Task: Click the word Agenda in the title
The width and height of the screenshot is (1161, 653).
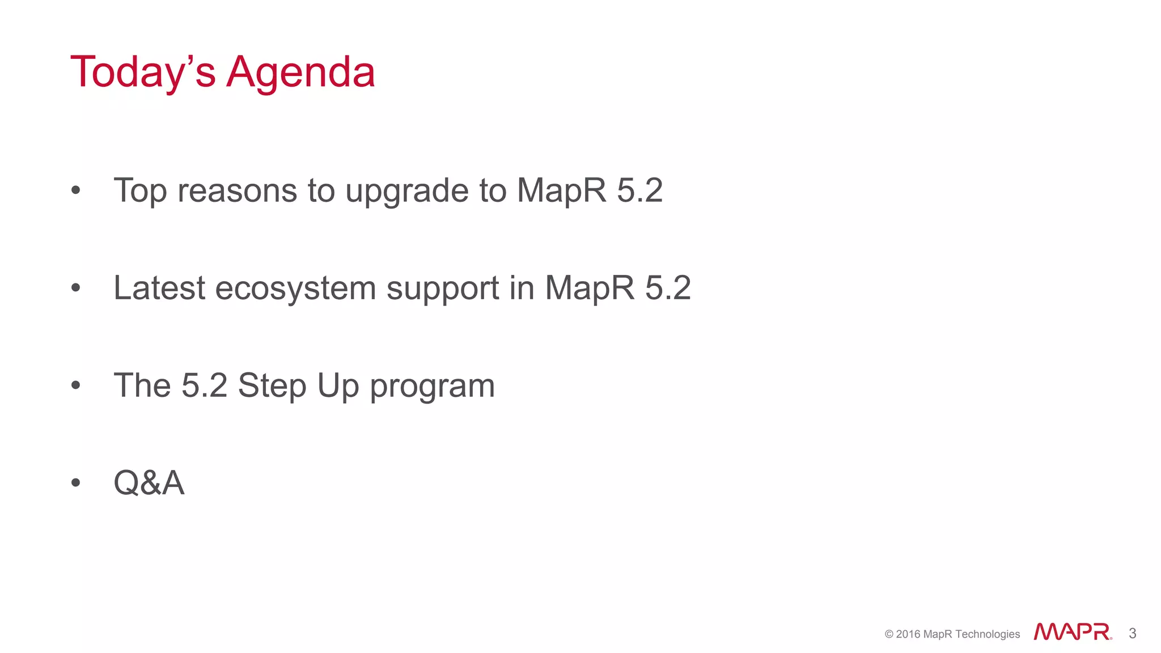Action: (x=300, y=73)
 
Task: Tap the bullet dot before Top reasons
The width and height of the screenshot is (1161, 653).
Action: (x=76, y=191)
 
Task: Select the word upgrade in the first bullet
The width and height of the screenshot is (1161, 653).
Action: (x=406, y=192)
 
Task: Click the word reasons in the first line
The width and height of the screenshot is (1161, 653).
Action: (x=237, y=191)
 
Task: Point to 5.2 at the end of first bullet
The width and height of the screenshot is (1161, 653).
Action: (x=639, y=190)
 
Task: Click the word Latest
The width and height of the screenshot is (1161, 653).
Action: (x=159, y=288)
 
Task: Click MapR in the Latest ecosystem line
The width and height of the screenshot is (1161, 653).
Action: (x=590, y=288)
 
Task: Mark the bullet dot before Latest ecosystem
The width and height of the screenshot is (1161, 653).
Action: (x=76, y=289)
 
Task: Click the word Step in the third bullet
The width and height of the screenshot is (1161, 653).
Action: (x=272, y=386)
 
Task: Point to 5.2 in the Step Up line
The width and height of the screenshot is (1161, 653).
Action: (x=204, y=385)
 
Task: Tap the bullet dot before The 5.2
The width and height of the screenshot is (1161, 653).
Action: (x=76, y=386)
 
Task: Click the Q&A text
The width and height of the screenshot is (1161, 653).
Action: (x=149, y=483)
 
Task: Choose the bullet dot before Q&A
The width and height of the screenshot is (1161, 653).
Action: (x=76, y=484)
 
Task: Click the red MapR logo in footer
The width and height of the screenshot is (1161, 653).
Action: (x=1072, y=632)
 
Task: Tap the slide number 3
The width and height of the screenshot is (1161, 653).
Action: (x=1132, y=633)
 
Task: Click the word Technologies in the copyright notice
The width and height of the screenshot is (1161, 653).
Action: (x=988, y=634)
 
